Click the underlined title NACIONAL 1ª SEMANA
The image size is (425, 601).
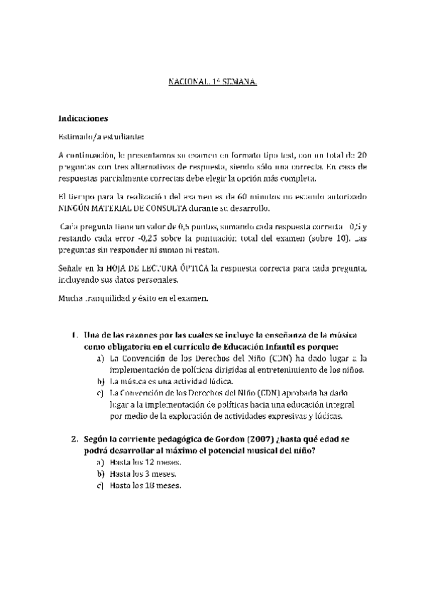(212, 82)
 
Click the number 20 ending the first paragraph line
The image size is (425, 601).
(362, 155)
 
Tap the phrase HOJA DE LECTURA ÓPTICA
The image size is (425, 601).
(161, 267)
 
